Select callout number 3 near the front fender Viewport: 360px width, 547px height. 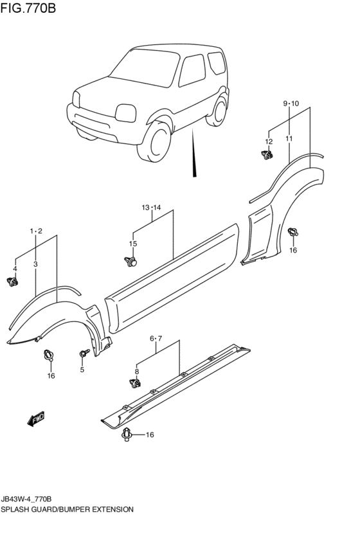(x=35, y=264)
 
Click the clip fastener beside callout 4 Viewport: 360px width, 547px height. (x=12, y=281)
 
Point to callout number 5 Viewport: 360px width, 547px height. (x=82, y=370)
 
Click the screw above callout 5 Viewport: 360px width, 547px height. (x=83, y=353)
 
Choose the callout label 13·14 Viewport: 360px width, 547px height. (x=152, y=208)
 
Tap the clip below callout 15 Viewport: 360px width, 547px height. (x=131, y=261)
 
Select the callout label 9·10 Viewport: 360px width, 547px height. (x=291, y=103)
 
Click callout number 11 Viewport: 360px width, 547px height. (x=289, y=138)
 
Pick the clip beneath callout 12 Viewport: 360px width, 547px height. (x=267, y=154)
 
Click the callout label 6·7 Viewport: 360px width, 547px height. (x=156, y=337)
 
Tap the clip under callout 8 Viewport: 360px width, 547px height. (x=135, y=384)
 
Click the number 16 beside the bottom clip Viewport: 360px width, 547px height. (x=150, y=435)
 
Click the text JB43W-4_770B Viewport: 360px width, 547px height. (x=26, y=499)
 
